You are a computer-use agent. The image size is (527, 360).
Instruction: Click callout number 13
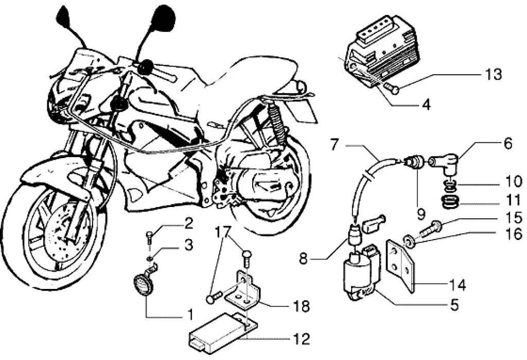click(x=493, y=75)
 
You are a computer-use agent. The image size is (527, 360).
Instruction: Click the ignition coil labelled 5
click(x=356, y=277)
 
